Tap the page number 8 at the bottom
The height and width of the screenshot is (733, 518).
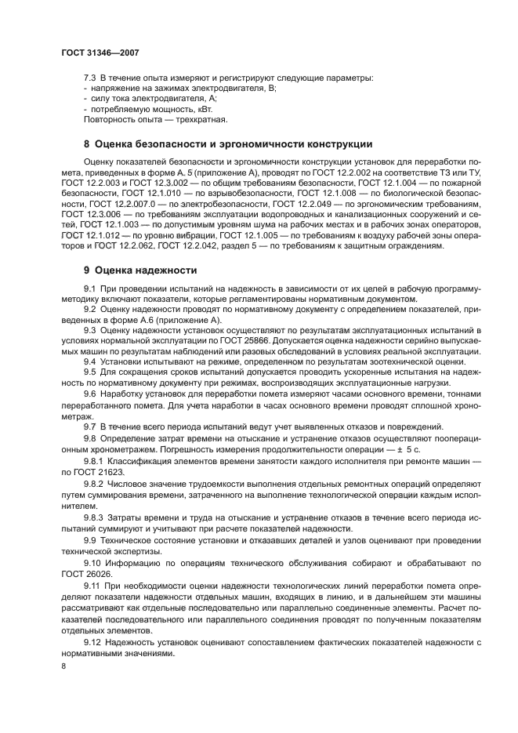pos(63,665)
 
